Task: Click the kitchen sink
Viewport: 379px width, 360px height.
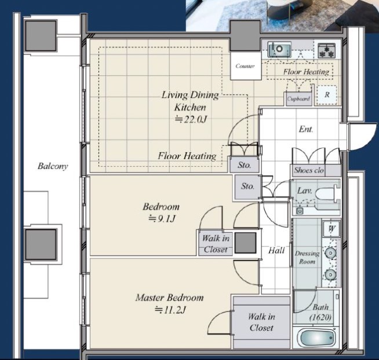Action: tap(279, 49)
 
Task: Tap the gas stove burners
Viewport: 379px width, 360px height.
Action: tap(326, 51)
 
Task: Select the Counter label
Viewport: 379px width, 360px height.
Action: tap(245, 66)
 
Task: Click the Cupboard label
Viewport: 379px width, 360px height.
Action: tap(298, 99)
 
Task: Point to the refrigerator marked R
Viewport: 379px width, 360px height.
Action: tap(326, 95)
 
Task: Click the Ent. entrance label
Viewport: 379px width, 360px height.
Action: tap(306, 129)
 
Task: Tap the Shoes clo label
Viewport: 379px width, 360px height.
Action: tap(309, 170)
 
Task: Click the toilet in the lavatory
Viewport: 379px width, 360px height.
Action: tap(327, 194)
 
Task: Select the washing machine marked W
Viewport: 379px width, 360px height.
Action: tap(332, 229)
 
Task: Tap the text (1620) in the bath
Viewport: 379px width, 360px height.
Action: tap(320, 317)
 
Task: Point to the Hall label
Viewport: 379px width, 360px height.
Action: tap(276, 251)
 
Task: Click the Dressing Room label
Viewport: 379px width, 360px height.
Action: tap(307, 258)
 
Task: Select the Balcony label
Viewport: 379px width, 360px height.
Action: tap(53, 166)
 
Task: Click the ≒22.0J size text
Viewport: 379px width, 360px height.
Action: tap(191, 119)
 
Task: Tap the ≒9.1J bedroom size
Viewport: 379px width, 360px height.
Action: tap(162, 219)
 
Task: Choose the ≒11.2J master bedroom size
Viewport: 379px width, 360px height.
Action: tap(170, 310)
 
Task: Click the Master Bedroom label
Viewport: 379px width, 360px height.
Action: tap(169, 297)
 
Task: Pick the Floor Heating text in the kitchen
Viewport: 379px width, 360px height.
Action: tap(306, 72)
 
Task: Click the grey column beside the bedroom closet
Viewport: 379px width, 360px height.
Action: tap(245, 243)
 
